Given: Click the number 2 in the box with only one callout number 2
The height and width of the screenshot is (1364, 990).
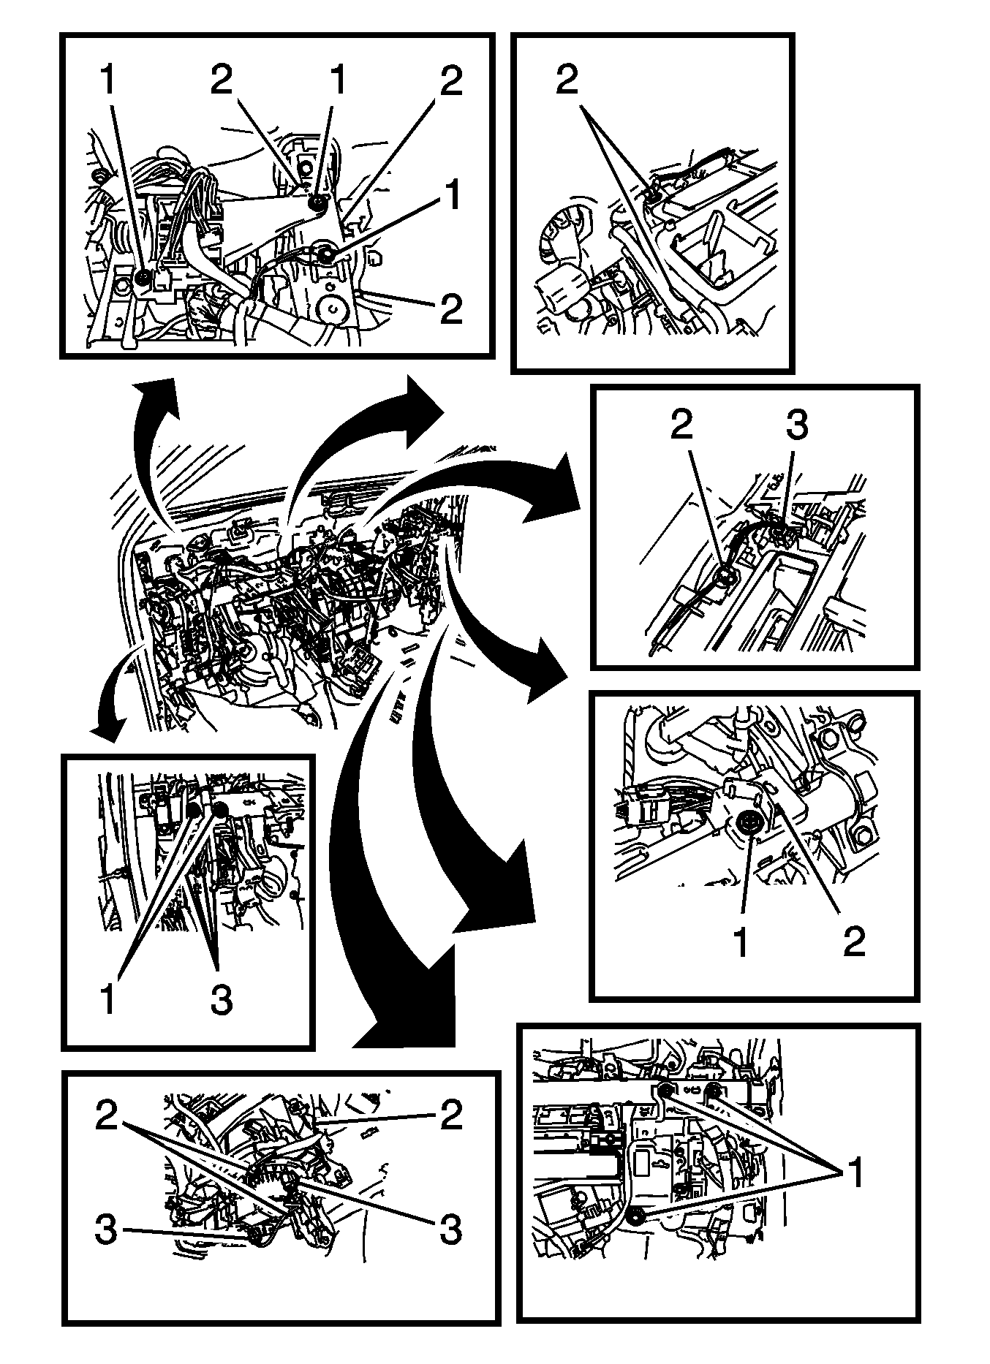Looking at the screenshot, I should (567, 80).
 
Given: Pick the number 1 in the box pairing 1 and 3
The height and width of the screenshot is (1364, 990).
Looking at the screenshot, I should (108, 999).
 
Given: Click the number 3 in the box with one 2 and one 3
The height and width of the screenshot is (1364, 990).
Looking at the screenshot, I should (796, 425).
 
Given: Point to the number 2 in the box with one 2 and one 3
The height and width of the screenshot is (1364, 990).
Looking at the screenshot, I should (681, 425).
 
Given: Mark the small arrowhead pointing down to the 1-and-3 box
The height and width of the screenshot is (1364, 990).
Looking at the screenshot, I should (106, 724).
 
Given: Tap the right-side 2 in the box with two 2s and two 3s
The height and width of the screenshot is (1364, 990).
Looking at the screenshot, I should (450, 1115).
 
